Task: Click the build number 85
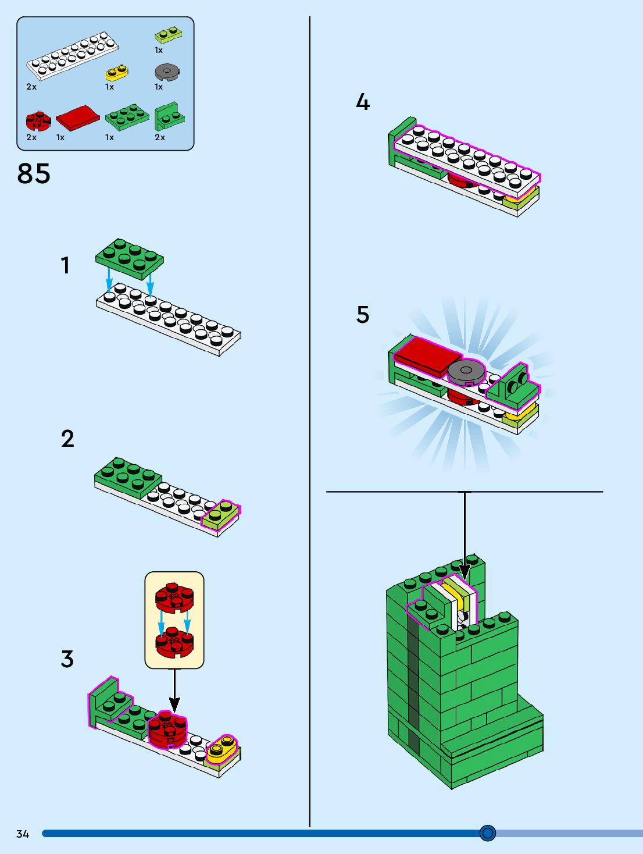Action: (34, 173)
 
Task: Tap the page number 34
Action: (23, 834)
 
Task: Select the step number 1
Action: (65, 265)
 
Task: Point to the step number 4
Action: (363, 102)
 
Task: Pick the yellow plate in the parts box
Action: (117, 72)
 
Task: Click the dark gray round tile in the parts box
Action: (167, 72)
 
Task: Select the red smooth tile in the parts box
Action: (78, 118)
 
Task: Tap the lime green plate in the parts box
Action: (169, 35)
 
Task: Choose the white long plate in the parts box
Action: (73, 56)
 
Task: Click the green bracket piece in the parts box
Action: (170, 116)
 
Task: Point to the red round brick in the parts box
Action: (38, 121)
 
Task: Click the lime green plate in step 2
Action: (220, 514)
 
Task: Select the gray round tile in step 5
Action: (466, 372)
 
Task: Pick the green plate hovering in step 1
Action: (130, 259)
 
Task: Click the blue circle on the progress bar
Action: (488, 833)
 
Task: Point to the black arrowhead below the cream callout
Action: (174, 704)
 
